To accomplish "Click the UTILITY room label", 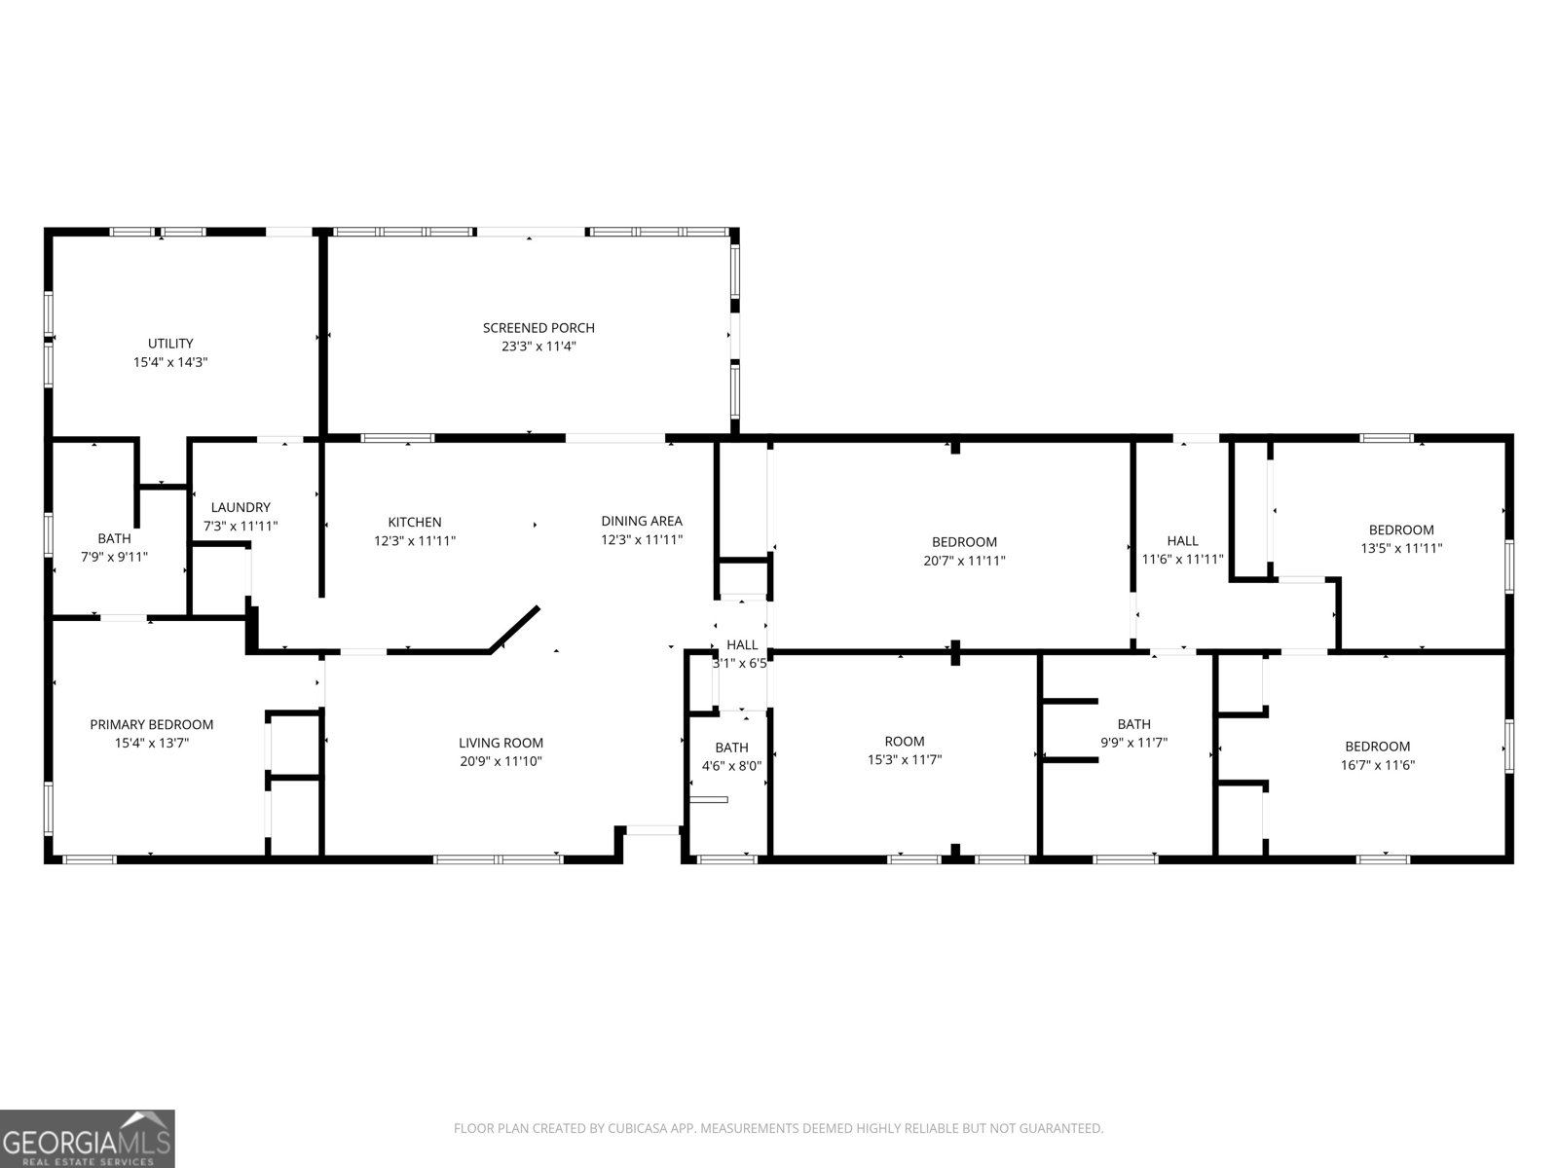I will (x=170, y=344).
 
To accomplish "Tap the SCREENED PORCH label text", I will (x=538, y=328).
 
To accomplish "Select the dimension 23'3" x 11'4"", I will (x=538, y=347).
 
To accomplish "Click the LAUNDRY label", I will (x=241, y=507).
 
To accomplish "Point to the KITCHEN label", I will (x=415, y=523).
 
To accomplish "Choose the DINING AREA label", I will (x=641, y=522).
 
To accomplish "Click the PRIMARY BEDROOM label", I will (x=151, y=724).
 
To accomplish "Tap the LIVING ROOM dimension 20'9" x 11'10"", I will (x=501, y=761).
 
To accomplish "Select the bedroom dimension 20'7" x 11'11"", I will (x=964, y=561).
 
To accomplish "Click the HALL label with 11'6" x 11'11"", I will (x=1182, y=541).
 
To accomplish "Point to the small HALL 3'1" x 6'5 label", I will (x=742, y=644).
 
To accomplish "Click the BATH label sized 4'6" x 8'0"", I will (x=731, y=748).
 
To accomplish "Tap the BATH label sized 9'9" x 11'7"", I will (x=1133, y=724).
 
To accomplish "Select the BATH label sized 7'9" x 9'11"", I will (x=114, y=538).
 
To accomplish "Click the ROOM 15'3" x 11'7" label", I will (x=905, y=742).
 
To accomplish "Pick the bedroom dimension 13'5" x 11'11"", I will (x=1401, y=548).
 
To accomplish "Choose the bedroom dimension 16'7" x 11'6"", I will (x=1377, y=765).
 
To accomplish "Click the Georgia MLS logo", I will (x=88, y=1138).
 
